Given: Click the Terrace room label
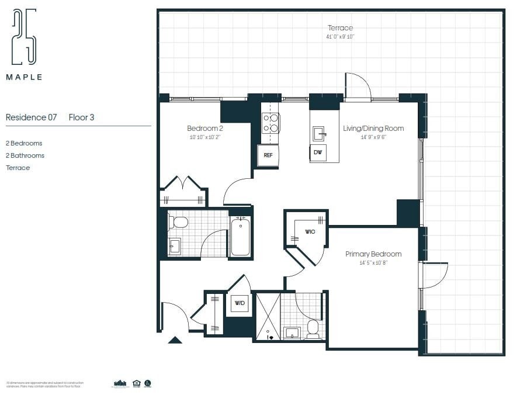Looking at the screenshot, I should click(x=340, y=28).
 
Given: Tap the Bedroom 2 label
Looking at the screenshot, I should click(x=205, y=129).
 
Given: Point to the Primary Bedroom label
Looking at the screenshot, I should click(x=373, y=254).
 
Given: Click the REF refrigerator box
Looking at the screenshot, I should click(x=268, y=155).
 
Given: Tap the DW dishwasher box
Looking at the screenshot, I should click(x=318, y=153).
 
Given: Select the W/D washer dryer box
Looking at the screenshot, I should click(x=240, y=303).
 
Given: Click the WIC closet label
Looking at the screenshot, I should click(x=310, y=232).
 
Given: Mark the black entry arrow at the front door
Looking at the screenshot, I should click(x=175, y=339).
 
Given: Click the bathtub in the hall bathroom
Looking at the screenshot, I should click(x=240, y=237).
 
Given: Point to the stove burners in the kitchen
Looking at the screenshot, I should click(x=270, y=123).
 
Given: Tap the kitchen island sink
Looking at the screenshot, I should click(x=319, y=133).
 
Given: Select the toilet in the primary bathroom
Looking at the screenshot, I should click(x=313, y=330).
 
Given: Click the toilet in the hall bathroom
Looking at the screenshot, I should click(x=178, y=222).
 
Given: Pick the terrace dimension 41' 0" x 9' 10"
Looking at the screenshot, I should click(x=340, y=37).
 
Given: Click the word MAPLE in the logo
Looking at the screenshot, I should click(x=24, y=77).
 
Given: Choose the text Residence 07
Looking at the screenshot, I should click(x=32, y=117).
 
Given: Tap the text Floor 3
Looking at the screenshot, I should click(x=81, y=117).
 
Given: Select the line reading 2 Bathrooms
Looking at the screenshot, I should click(x=25, y=155).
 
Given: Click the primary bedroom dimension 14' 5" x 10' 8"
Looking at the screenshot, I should click(x=373, y=263).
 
